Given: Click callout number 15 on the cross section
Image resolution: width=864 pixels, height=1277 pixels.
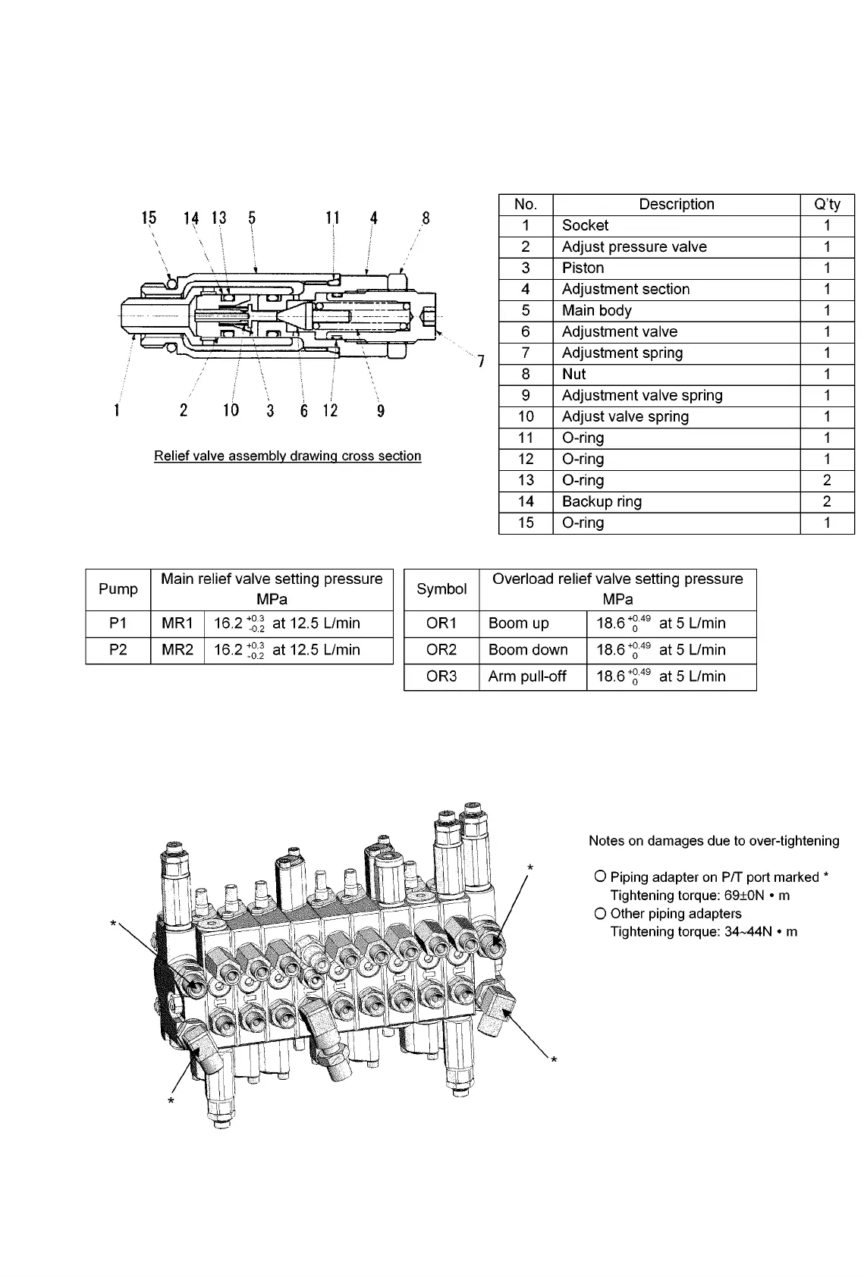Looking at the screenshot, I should (x=149, y=218).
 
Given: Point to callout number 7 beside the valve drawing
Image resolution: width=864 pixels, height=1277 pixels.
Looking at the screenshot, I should (x=481, y=361).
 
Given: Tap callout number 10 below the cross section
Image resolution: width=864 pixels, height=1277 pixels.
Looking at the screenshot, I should (x=231, y=410).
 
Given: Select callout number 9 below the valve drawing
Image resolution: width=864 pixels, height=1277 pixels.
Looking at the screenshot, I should (x=381, y=410).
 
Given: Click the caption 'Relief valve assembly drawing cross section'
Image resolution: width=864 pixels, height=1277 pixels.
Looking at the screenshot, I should (x=287, y=456).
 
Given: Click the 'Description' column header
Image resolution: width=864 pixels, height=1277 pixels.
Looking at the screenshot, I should (x=676, y=204).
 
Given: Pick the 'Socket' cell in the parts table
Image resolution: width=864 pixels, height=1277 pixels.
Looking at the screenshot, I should (x=585, y=225).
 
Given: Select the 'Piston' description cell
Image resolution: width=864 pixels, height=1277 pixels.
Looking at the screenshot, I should (x=583, y=268).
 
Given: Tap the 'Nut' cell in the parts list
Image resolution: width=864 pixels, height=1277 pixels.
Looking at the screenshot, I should (x=573, y=374).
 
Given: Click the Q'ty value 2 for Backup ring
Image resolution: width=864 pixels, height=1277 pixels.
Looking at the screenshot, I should (x=827, y=501).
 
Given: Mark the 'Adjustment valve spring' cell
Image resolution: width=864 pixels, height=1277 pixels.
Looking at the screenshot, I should (x=642, y=395).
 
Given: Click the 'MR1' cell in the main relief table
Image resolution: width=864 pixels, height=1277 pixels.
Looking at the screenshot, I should (x=178, y=623).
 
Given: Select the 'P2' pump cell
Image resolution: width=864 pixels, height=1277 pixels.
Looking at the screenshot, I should (x=118, y=650).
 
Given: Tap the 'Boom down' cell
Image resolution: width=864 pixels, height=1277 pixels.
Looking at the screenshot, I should (x=528, y=650).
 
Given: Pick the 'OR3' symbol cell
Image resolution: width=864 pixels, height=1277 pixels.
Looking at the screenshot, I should (x=441, y=676).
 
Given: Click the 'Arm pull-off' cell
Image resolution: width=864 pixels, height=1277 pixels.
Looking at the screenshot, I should (x=527, y=676).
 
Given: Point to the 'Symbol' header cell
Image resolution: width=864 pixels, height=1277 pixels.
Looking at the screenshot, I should (x=441, y=589).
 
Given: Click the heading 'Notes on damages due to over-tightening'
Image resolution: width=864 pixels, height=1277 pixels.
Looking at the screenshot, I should (x=714, y=840).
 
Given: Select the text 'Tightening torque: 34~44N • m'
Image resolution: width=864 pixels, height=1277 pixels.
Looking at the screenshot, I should (x=703, y=931).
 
